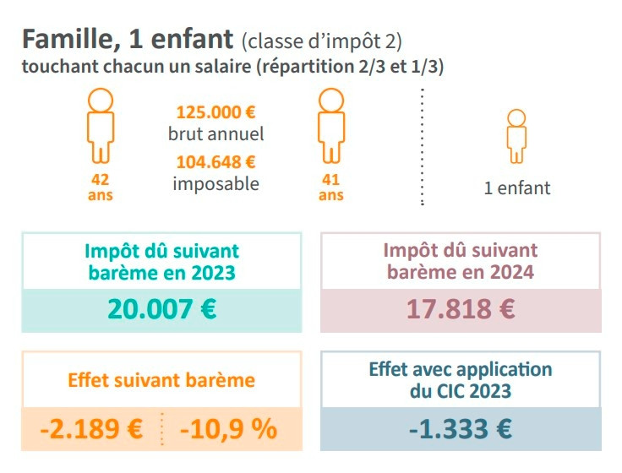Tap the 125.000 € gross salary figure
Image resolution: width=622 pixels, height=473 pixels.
click(x=216, y=111)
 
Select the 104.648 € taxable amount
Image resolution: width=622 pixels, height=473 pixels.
click(x=216, y=161)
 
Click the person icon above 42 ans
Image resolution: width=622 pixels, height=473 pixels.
click(x=100, y=125)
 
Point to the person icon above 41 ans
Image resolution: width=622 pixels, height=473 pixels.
click(x=330, y=125)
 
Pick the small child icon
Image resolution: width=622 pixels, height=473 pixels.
click(x=516, y=135)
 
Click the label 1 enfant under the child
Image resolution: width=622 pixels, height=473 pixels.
click(x=516, y=188)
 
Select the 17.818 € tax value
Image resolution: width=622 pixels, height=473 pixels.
click(x=461, y=308)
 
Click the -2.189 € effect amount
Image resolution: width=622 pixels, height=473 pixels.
click(x=91, y=428)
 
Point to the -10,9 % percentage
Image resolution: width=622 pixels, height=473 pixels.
click(x=228, y=428)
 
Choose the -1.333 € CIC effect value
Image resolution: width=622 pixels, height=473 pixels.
click(x=461, y=428)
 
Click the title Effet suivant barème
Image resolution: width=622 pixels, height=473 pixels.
click(x=161, y=379)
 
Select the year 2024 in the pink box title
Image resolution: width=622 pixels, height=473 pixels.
click(x=511, y=272)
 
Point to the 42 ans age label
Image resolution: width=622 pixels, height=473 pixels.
click(x=100, y=187)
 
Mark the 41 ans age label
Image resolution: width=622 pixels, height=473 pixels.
click(x=330, y=187)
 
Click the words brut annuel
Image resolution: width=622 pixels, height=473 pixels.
click(x=216, y=133)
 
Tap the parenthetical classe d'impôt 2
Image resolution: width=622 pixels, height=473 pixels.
click(x=321, y=41)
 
